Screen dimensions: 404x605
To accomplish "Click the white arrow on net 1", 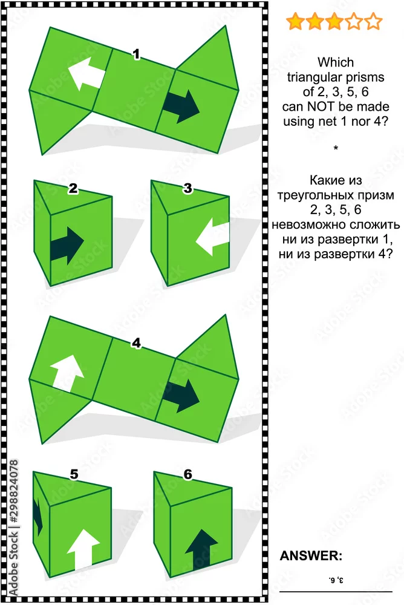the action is [86, 73].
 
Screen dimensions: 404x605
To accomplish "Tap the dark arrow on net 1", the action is [181, 106].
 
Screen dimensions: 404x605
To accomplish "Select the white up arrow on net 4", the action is [67, 373].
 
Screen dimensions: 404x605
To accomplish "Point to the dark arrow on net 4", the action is [181, 396].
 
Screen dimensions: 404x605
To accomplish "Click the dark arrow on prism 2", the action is [67, 246].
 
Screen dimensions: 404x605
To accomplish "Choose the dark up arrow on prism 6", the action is [201, 548].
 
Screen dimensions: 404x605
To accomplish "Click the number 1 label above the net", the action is [136, 54].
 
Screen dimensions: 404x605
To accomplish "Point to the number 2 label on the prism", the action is [73, 188].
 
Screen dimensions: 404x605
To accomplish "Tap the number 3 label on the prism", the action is [187, 188].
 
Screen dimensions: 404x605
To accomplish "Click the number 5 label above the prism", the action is [74, 474].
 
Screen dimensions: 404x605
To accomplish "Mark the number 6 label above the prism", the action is [188, 474].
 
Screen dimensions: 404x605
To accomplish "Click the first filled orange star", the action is [296, 21].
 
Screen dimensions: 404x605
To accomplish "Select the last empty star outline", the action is [373, 21].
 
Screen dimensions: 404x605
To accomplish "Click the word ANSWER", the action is [311, 555].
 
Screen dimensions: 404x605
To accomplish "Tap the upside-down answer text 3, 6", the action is [336, 580].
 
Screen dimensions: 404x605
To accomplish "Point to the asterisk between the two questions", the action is [336, 148].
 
